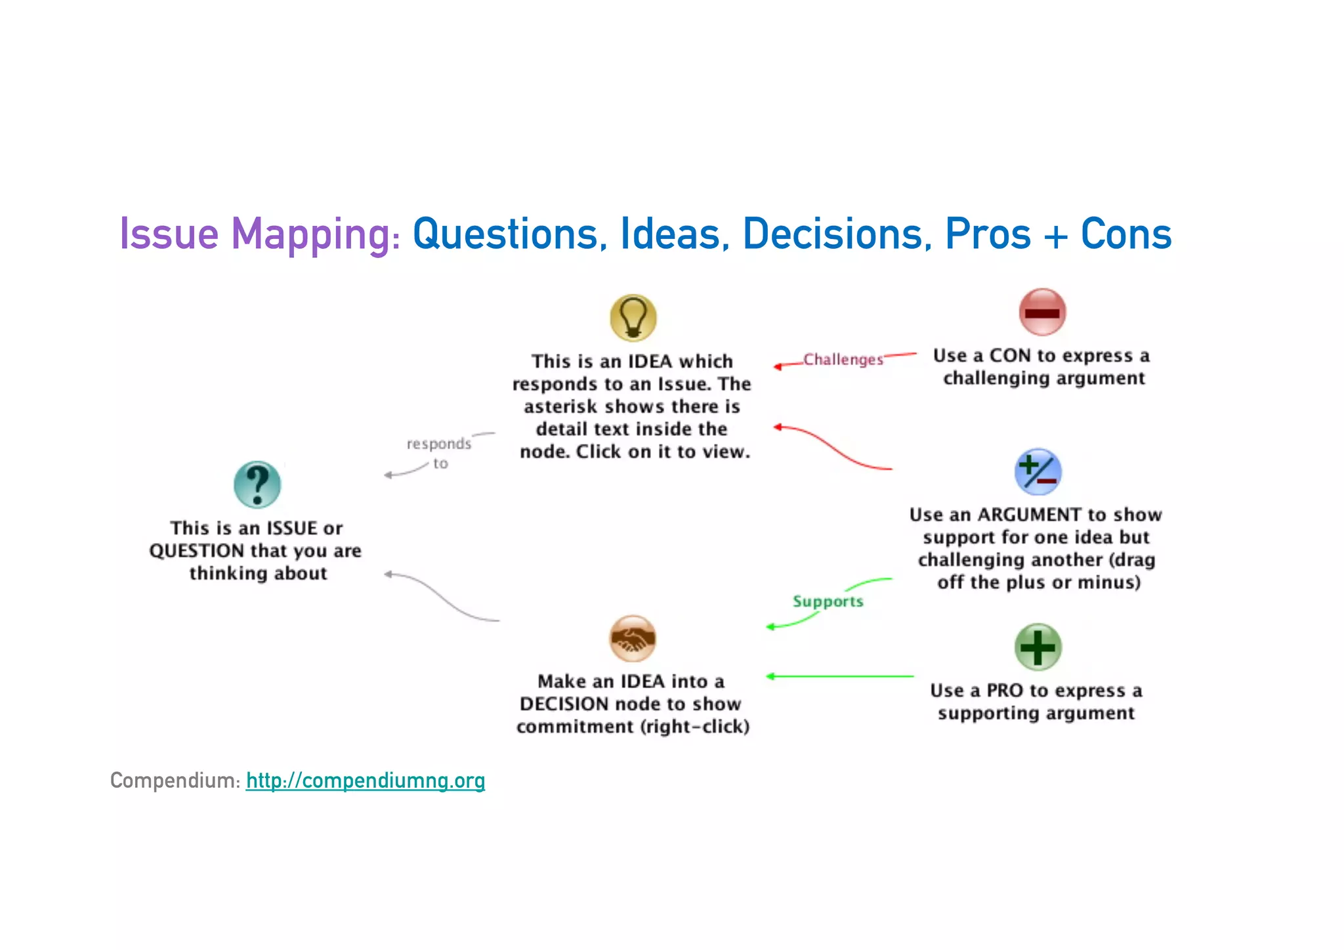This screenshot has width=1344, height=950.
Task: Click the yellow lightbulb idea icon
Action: point(633,318)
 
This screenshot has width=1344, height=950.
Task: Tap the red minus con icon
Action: point(1042,312)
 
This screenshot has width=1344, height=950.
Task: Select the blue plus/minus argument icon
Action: point(1038,472)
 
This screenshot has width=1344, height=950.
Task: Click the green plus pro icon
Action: point(1038,647)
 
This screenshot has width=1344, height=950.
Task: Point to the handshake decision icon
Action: point(633,638)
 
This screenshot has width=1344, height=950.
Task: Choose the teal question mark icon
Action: point(257,485)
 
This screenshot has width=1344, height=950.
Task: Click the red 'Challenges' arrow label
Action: point(843,360)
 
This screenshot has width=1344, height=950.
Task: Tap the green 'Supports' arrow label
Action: point(828,601)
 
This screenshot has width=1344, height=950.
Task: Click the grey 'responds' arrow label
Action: point(438,444)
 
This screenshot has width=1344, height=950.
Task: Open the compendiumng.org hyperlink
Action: point(366,781)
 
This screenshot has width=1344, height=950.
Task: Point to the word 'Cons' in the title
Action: point(1126,234)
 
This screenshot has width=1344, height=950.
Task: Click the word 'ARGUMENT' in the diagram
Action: point(1029,515)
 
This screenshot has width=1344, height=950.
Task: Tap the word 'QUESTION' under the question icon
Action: point(196,551)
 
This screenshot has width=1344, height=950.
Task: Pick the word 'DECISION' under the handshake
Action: point(564,704)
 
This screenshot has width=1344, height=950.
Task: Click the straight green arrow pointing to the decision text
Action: point(840,676)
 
